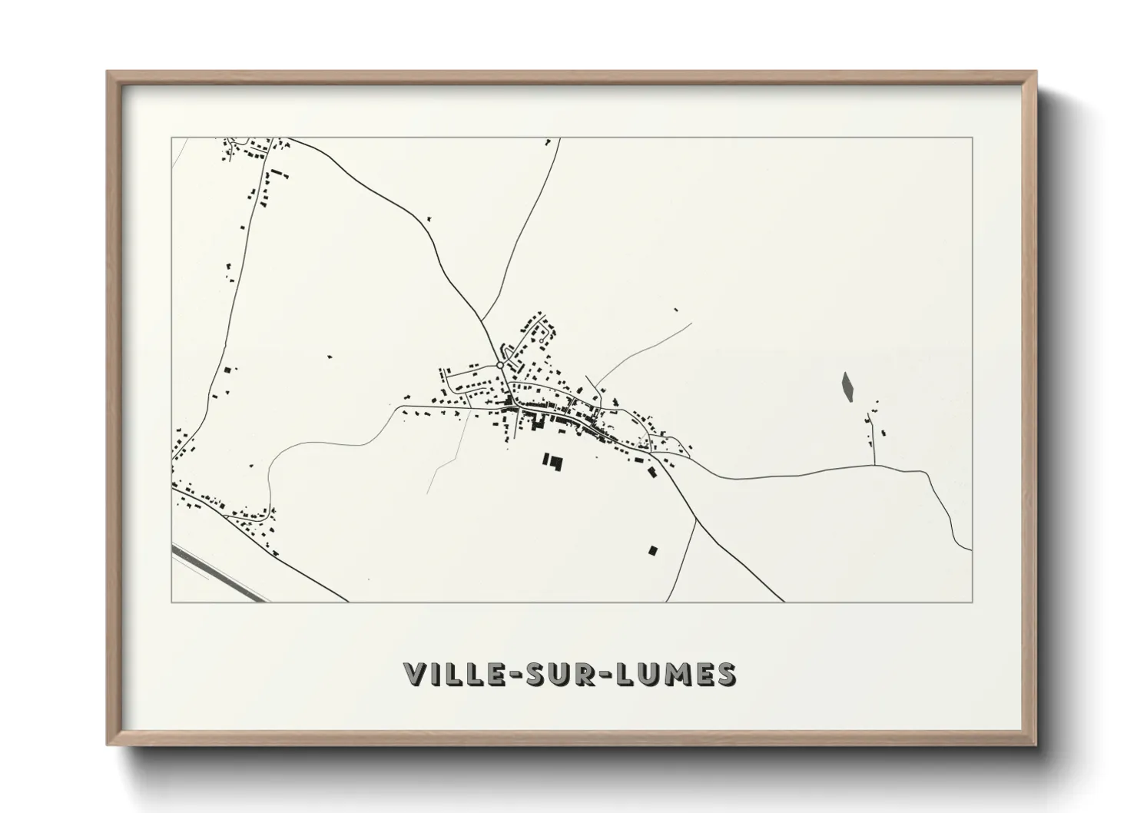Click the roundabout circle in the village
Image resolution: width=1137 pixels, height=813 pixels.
point(500,366)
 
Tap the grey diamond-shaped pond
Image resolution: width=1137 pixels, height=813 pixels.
point(847,387)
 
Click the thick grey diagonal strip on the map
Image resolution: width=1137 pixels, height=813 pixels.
point(219,574)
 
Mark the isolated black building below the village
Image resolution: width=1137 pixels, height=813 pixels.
point(653,549)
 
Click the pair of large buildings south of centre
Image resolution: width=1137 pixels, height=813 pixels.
point(552,462)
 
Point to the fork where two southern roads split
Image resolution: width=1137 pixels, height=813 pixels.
point(696,519)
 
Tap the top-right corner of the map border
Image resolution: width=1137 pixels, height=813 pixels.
point(972,138)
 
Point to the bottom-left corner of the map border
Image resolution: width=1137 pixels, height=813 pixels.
point(172,602)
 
